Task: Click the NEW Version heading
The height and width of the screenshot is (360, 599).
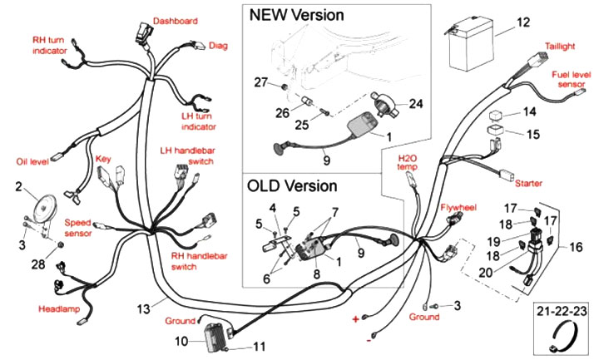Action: pyautogui.click(x=297, y=15)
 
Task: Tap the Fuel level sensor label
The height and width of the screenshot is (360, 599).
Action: pyautogui.click(x=572, y=80)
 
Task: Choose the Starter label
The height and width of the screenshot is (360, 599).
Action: pyautogui.click(x=528, y=181)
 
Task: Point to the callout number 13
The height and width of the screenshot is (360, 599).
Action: pyautogui.click(x=145, y=308)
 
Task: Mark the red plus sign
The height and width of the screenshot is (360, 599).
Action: pyautogui.click(x=356, y=319)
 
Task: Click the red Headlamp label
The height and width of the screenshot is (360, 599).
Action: pyautogui.click(x=59, y=308)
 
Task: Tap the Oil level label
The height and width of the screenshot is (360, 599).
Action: pyautogui.click(x=33, y=161)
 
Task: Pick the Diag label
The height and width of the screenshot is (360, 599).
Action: pyautogui.click(x=218, y=46)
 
